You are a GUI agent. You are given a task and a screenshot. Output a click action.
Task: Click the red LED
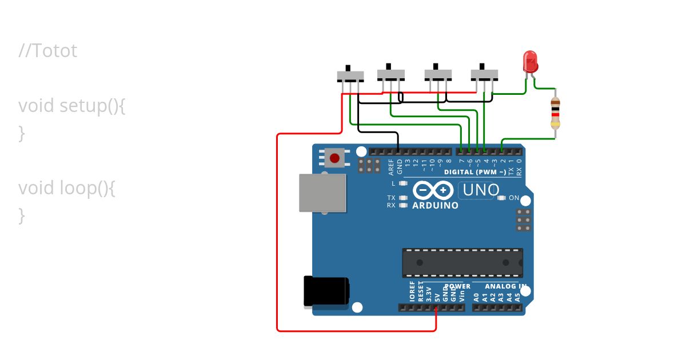530,61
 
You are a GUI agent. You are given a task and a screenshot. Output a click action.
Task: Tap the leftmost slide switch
350,76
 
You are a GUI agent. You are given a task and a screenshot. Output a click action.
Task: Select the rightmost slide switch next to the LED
484,74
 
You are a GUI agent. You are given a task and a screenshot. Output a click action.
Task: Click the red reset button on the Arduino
334,157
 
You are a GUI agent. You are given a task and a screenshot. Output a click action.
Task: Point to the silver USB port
322,193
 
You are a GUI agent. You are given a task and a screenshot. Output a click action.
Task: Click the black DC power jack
325,291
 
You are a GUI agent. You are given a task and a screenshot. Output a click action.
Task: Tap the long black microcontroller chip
462,262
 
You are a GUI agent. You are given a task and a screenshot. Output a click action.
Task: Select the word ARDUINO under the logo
435,205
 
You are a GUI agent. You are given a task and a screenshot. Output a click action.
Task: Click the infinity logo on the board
433,190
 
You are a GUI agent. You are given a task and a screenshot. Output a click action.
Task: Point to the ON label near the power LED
514,198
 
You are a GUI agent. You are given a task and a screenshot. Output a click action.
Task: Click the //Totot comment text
47,51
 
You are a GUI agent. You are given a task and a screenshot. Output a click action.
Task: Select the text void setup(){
71,106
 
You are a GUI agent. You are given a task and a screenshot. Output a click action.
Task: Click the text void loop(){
67,188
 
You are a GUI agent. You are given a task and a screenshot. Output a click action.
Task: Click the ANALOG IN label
506,286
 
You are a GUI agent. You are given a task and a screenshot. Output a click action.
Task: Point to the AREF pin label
392,166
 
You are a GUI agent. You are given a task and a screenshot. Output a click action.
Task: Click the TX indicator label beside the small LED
391,198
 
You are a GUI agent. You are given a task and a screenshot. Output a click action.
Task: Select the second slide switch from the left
391,74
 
